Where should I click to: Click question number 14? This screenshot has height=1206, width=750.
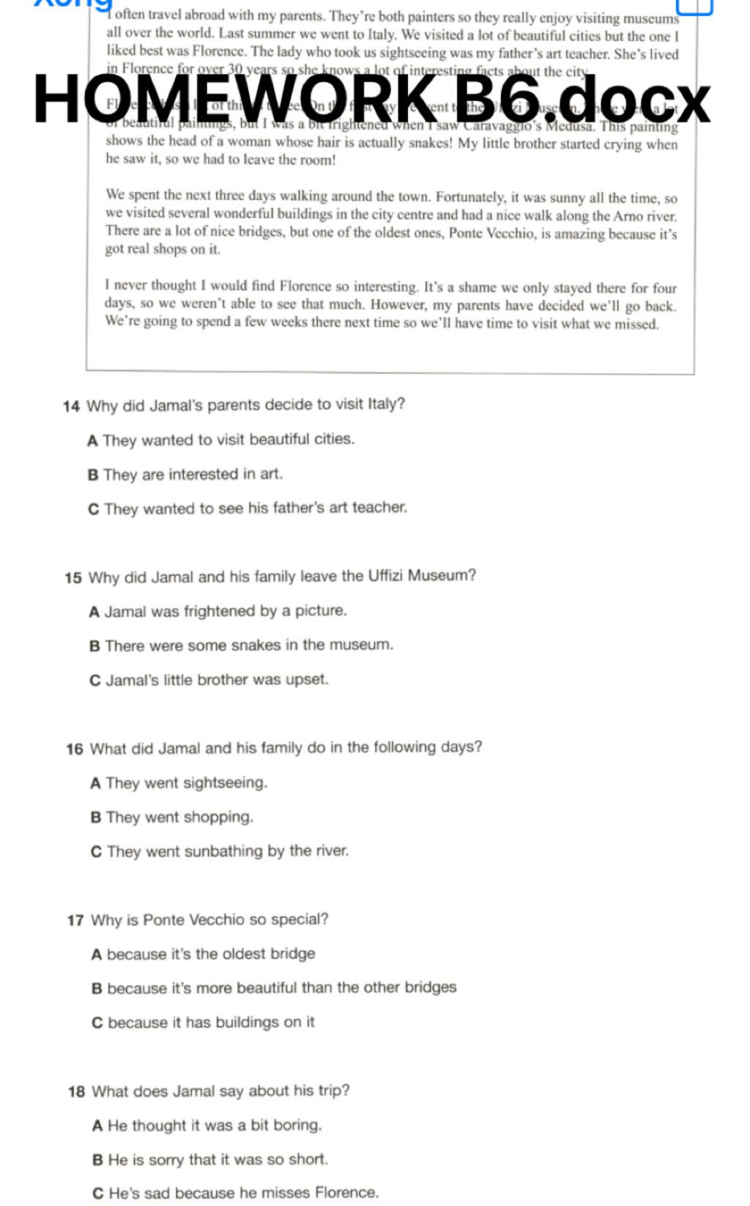click(71, 406)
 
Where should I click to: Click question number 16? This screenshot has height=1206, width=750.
click(74, 749)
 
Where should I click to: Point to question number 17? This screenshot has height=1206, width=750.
click(75, 920)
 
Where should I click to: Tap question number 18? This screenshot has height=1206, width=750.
click(76, 1092)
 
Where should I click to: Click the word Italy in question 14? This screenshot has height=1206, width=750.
click(385, 404)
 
